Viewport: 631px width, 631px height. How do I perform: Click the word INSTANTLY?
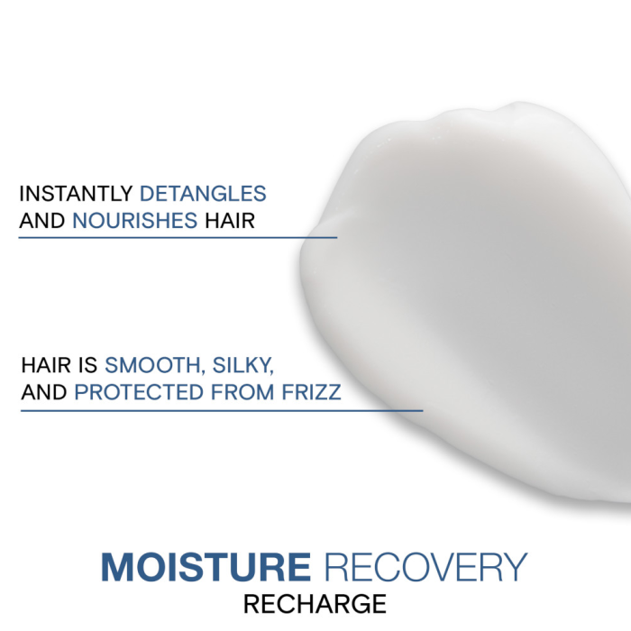pyautogui.click(x=76, y=194)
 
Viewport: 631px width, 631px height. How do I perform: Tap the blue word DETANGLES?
pyautogui.click(x=203, y=194)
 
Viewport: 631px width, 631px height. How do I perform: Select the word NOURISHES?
pyautogui.click(x=134, y=220)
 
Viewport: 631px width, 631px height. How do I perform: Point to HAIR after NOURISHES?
pyautogui.click(x=229, y=220)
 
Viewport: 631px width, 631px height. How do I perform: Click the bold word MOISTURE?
pyautogui.click(x=206, y=567)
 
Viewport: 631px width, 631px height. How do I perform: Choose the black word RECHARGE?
pyautogui.click(x=315, y=603)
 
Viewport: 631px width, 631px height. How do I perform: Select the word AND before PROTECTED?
pyautogui.click(x=43, y=393)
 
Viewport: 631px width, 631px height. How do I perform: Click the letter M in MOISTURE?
pyautogui.click(x=119, y=567)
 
